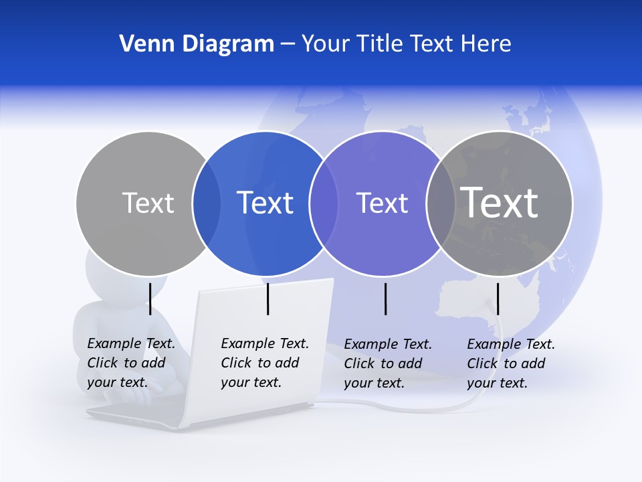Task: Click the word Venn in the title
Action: point(142,44)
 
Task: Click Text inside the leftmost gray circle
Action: point(148,203)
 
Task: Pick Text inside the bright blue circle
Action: point(265,203)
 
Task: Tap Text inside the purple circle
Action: point(382,203)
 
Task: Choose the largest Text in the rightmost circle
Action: point(500,203)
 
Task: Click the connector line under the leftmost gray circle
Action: point(150,299)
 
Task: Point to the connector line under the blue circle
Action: point(267,299)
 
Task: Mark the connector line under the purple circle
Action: point(385,299)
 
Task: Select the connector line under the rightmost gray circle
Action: point(498,299)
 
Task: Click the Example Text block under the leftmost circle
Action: point(130,363)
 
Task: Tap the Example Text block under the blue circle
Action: point(264,363)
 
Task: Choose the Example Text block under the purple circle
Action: point(387,364)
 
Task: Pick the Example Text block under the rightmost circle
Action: point(510,364)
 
